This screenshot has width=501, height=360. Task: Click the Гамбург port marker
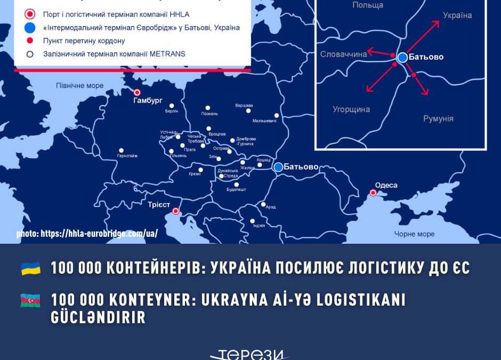pos(137,92)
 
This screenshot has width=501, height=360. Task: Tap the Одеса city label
pos(386,185)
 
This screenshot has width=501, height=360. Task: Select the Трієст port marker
pos(176,211)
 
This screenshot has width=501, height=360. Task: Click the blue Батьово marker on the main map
pos(278,167)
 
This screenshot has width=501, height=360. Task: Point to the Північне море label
pos(80,85)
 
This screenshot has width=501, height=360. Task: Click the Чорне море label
pos(414,234)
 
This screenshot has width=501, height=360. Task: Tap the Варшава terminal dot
pos(248,110)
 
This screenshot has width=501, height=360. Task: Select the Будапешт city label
pos(236,189)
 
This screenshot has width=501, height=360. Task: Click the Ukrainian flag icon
pos(31,268)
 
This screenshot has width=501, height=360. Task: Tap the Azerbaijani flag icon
pos(31,300)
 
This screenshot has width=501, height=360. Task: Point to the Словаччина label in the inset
pos(343,54)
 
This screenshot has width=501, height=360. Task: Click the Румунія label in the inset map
pos(438,118)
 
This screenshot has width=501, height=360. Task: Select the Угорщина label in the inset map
pos(351,109)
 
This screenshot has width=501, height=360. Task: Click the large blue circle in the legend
pos(30,28)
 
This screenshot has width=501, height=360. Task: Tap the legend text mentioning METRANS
pos(114,54)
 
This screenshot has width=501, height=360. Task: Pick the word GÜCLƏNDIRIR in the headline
pos(98,318)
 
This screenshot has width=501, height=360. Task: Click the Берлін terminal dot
pos(172,106)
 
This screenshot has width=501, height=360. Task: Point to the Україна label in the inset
pos(457,15)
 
